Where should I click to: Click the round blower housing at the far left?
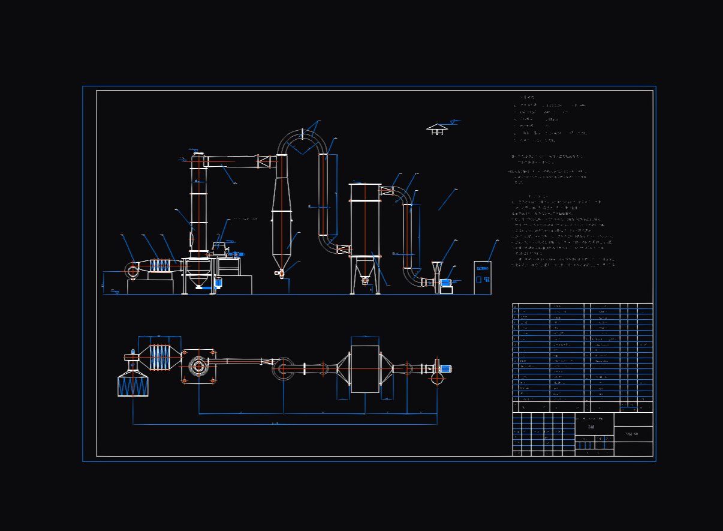coord(132,271)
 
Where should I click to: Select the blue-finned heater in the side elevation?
coord(159,266)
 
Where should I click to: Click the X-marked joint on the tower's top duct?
coord(264,161)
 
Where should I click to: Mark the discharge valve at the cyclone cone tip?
coord(281,273)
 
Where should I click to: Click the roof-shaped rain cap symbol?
coord(437,128)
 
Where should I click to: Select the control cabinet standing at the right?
coord(482,277)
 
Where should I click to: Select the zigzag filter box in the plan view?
coord(133,385)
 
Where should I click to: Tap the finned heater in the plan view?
coord(159,358)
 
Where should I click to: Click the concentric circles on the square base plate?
coord(198,366)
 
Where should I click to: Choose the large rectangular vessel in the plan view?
coord(364,369)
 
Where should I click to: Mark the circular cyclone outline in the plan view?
coord(283,368)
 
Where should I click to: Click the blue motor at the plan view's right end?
coord(445,368)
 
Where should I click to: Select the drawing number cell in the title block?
coord(633,434)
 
